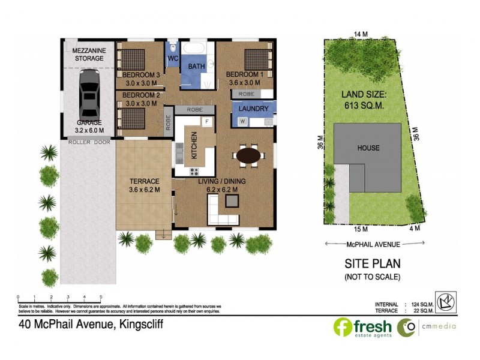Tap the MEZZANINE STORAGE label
89,54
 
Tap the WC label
172,58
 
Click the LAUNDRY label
253,109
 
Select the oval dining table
248,156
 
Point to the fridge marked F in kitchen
206,122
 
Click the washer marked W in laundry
242,121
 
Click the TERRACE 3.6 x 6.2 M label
144,185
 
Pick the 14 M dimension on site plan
360,34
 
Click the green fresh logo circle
343,327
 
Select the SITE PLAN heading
372,263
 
